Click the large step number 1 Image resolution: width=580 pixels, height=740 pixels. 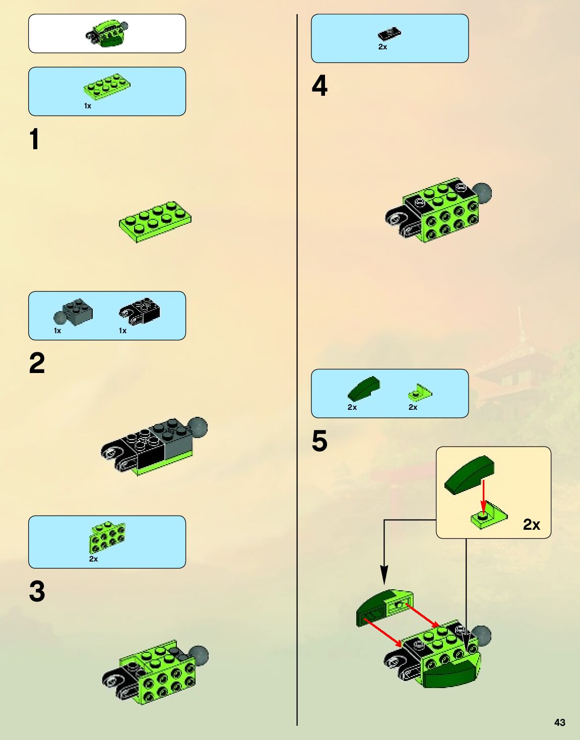point(34,139)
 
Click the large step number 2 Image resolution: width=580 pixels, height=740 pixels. point(37,363)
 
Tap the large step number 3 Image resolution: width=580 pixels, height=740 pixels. point(37,591)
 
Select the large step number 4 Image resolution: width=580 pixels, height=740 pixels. point(319,86)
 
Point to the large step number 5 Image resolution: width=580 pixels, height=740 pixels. point(319,441)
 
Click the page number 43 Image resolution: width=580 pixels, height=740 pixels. point(560,722)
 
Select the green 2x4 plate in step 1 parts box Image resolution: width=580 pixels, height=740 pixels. point(107,87)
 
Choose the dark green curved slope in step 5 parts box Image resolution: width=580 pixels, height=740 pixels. point(363,388)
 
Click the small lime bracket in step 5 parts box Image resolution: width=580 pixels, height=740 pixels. point(420,393)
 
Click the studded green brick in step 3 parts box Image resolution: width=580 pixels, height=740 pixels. point(107,537)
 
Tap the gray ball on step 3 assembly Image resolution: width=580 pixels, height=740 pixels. point(199,655)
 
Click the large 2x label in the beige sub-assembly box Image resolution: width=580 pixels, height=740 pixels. point(531,524)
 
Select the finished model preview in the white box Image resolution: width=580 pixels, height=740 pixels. point(107,34)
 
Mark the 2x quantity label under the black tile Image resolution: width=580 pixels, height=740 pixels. point(382,47)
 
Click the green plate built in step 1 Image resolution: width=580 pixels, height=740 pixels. point(155,222)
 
